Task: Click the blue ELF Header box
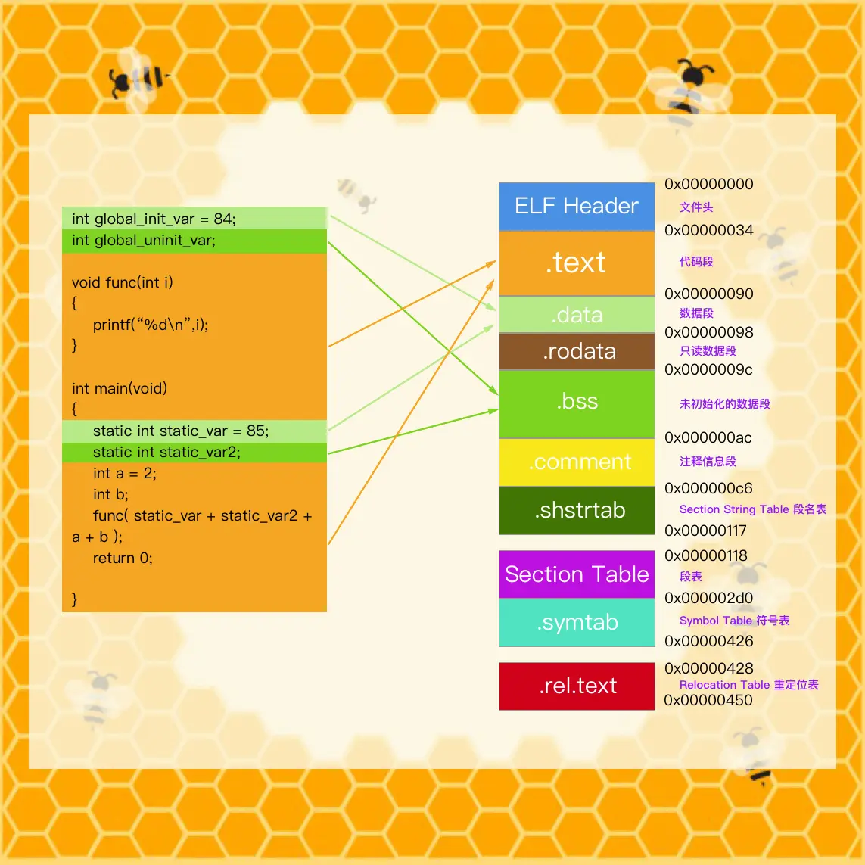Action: point(577,206)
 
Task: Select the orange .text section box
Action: point(577,263)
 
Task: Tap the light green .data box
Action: point(577,315)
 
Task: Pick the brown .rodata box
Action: point(577,351)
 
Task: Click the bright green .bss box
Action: point(577,402)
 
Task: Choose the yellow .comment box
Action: point(577,462)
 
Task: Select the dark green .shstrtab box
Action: point(577,510)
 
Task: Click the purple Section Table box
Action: point(577,574)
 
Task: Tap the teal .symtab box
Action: point(577,622)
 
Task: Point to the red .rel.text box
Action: point(577,686)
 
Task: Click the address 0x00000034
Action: point(709,230)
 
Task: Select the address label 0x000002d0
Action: point(709,598)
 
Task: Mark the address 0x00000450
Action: point(708,700)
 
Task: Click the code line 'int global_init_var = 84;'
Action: point(154,219)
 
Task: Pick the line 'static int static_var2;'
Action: point(166,452)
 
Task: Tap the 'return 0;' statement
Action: point(123,558)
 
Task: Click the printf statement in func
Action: point(151,325)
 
